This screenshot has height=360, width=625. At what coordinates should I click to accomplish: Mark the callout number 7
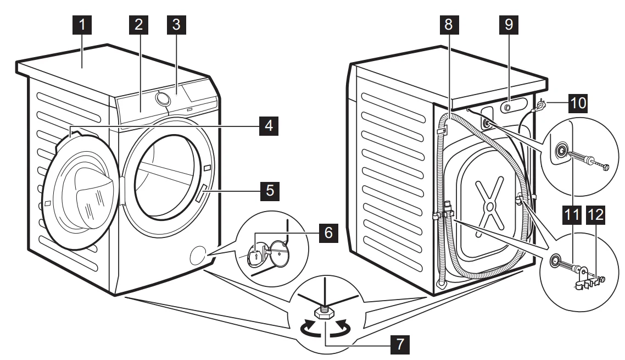[397, 345]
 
